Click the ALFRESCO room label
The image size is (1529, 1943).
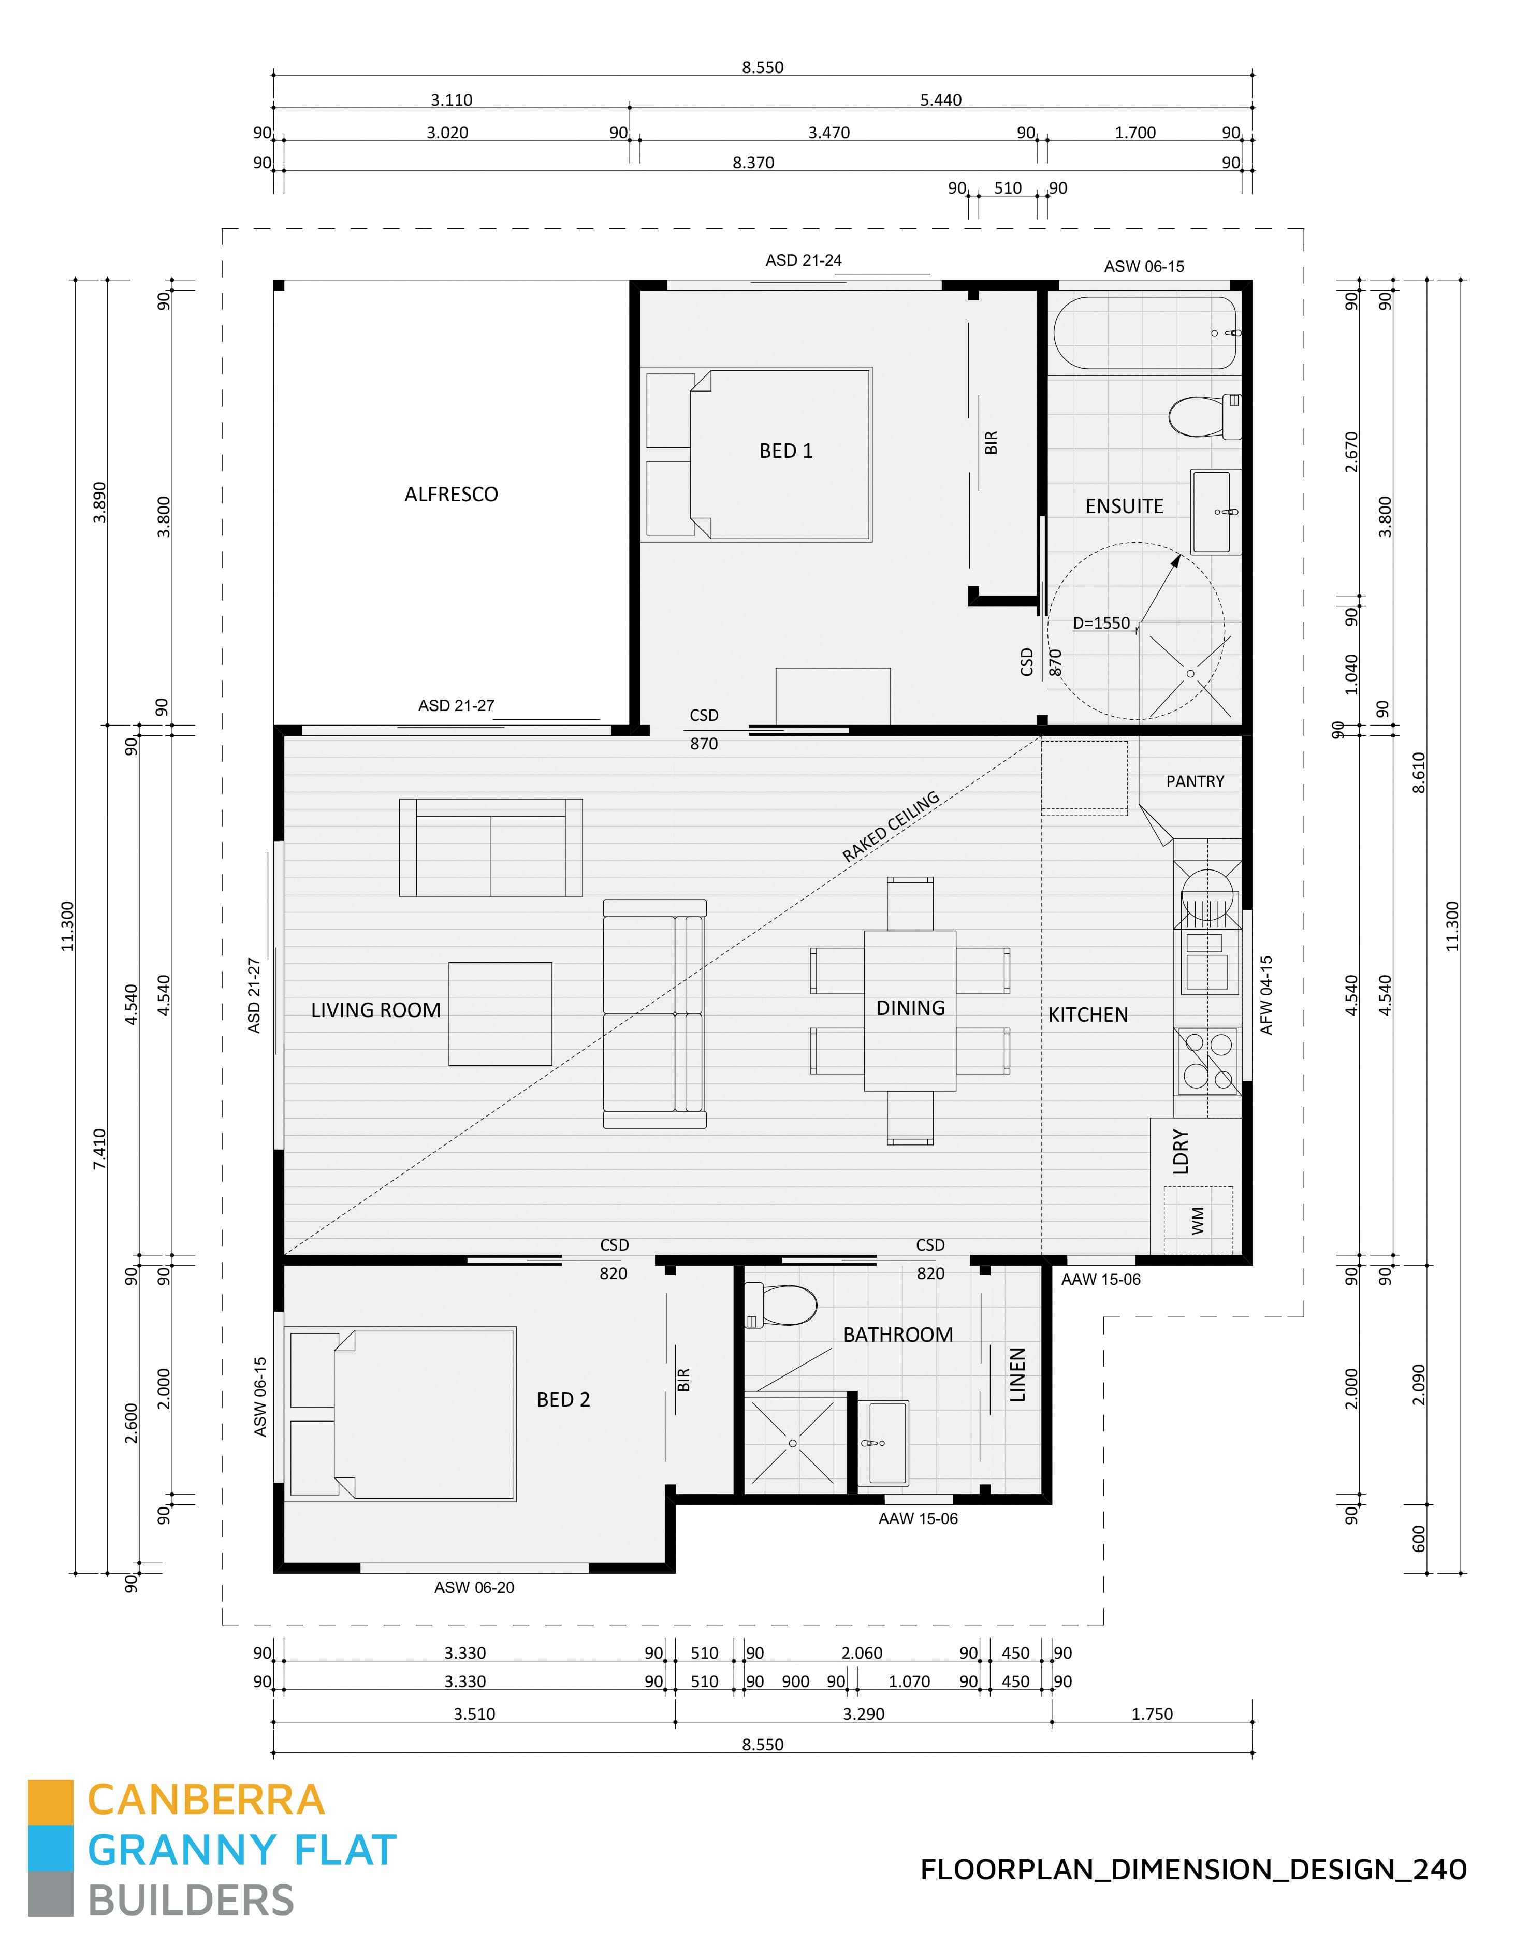(x=450, y=494)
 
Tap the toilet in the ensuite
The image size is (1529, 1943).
(x=1202, y=415)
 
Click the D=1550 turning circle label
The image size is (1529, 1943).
(x=1101, y=623)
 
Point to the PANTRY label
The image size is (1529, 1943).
(x=1194, y=781)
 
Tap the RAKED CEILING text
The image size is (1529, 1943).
(x=890, y=827)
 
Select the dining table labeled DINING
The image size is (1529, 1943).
(x=910, y=1010)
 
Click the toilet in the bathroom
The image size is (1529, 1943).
(x=783, y=1306)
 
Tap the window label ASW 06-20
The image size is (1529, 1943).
(x=474, y=1588)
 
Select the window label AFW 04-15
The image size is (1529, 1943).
(x=1266, y=996)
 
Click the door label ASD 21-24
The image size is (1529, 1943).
(x=803, y=260)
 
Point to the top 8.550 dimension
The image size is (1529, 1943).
(x=762, y=67)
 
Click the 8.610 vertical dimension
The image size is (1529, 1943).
(x=1418, y=773)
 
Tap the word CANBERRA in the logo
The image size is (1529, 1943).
(x=206, y=1801)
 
